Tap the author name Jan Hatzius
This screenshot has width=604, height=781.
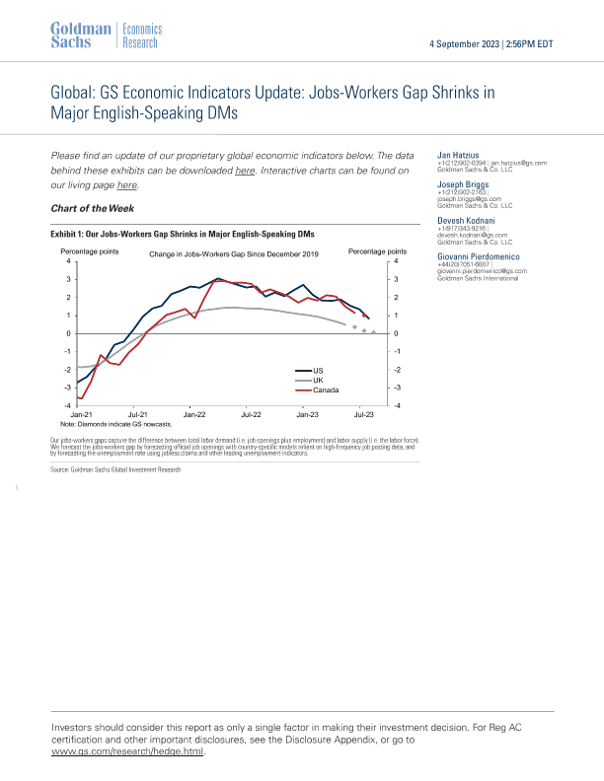(x=458, y=155)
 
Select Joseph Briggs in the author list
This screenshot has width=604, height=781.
(x=461, y=182)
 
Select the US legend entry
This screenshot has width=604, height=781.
(x=318, y=370)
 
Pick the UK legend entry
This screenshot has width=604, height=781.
(x=318, y=380)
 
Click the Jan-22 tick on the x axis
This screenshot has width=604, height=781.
(x=193, y=416)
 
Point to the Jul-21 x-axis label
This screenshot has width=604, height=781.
(x=137, y=416)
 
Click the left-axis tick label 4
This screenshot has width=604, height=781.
(x=68, y=261)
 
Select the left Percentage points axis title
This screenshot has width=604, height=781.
(x=90, y=252)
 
